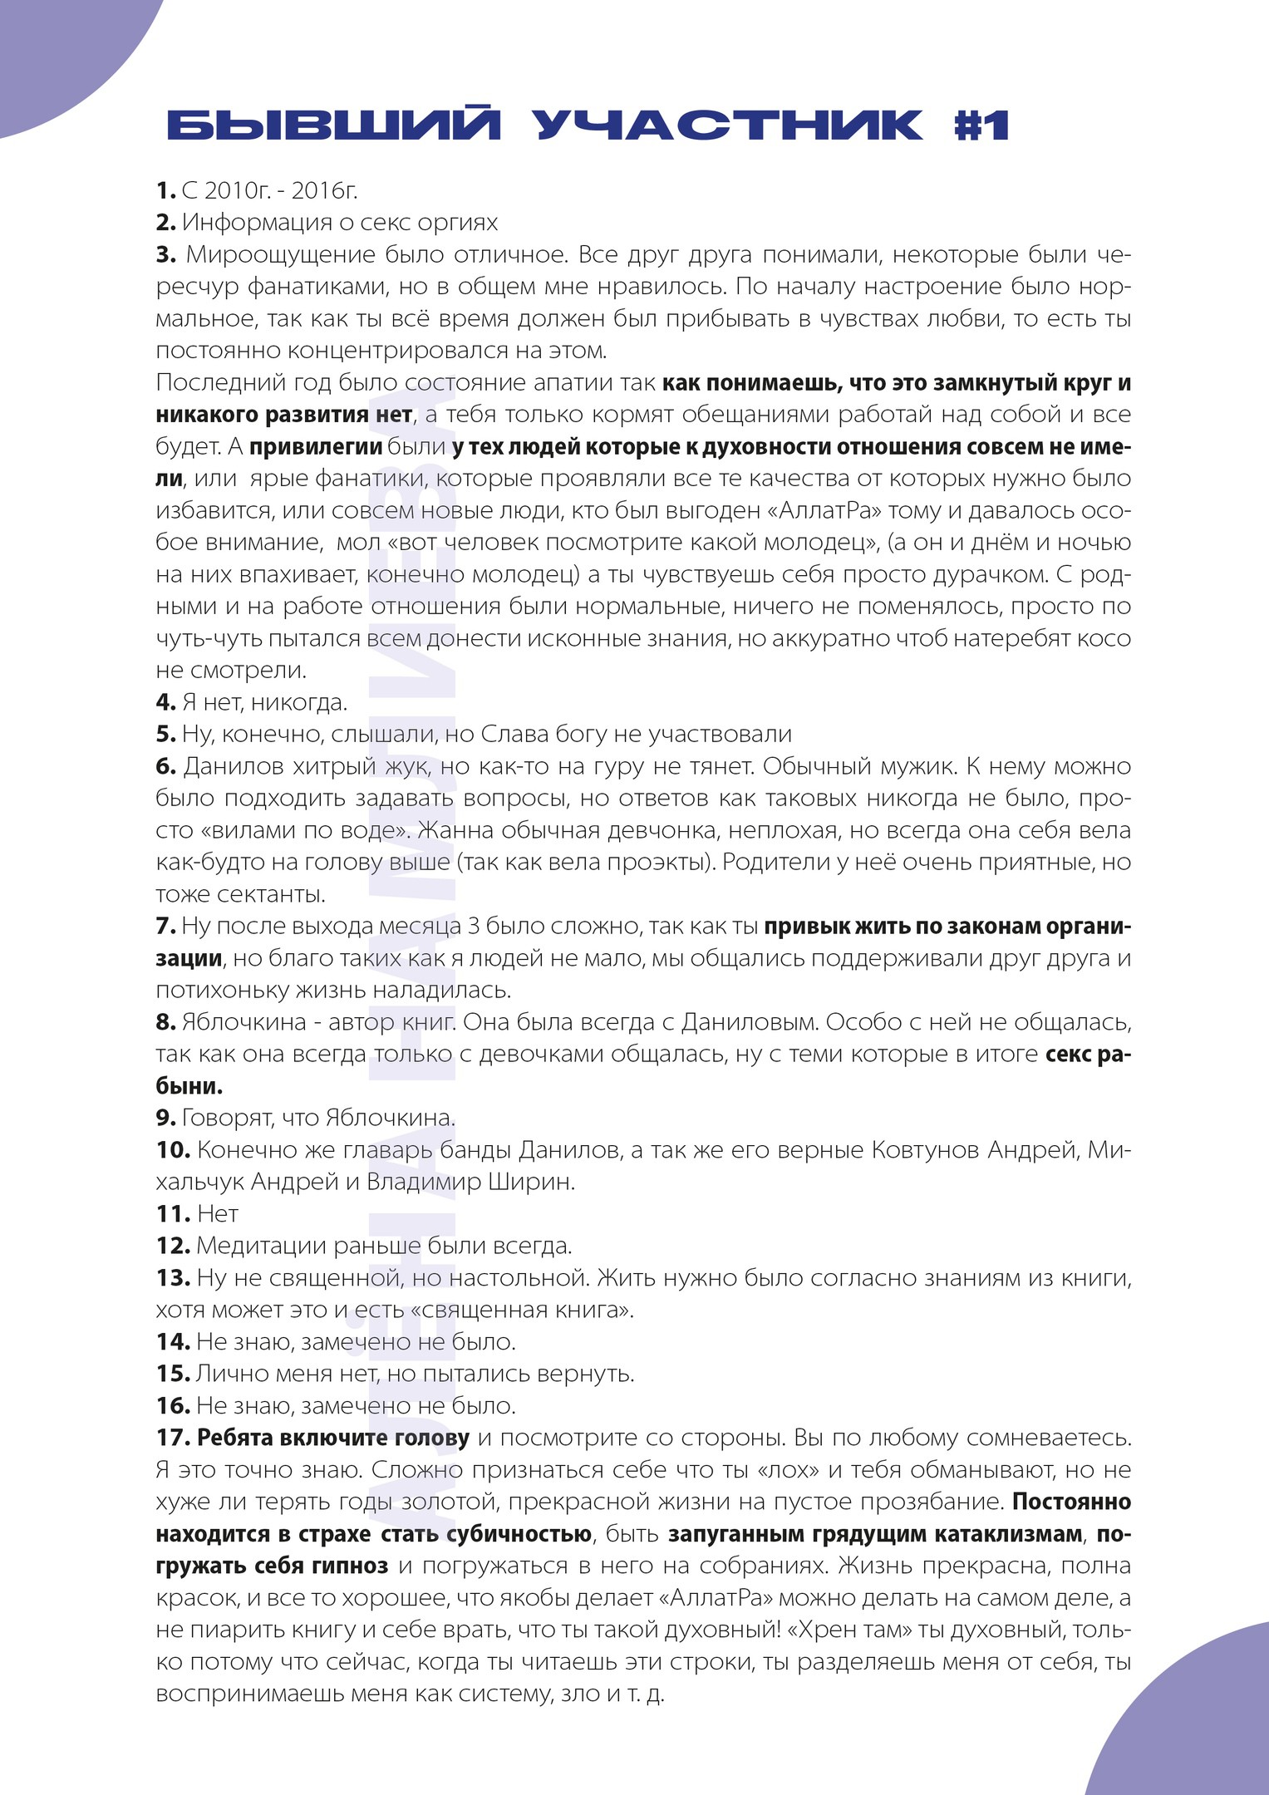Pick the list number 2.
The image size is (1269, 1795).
(x=165, y=223)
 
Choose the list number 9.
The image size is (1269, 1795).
(x=165, y=1118)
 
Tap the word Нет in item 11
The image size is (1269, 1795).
(x=218, y=1214)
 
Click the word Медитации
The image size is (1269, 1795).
(x=260, y=1246)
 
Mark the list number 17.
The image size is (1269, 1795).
(x=174, y=1438)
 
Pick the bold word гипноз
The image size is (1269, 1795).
(x=349, y=1566)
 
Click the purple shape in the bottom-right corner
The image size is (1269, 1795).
(x=1197, y=1729)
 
